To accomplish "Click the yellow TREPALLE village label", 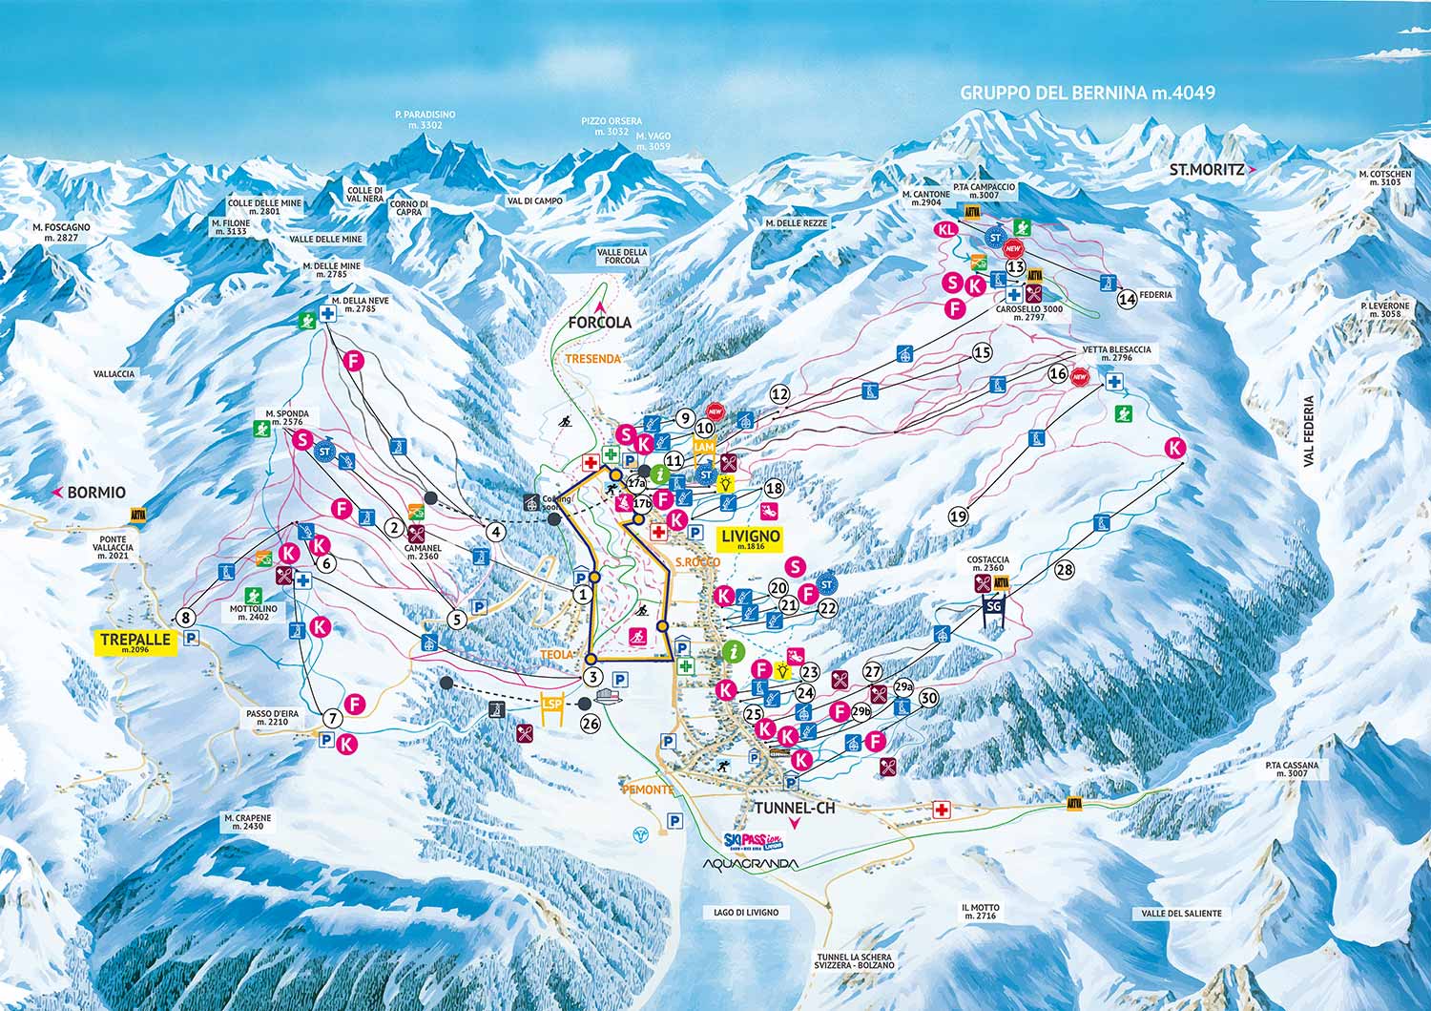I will (136, 641).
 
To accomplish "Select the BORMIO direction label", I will (95, 493).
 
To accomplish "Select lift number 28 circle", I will (1066, 570).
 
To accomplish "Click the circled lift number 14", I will (1128, 297).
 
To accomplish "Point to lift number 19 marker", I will (960, 516).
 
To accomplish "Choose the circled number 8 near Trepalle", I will (185, 617).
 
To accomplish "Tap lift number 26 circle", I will (591, 724).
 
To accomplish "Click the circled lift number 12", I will (780, 393).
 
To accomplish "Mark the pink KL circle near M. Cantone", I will (946, 230).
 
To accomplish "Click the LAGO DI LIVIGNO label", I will (746, 913).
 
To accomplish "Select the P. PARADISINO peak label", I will (425, 119).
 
